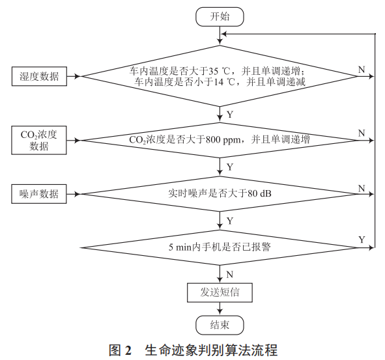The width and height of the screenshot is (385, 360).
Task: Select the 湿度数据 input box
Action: (39, 76)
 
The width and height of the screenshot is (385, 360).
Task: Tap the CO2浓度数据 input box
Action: (39, 140)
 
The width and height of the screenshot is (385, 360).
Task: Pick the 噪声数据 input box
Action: (39, 194)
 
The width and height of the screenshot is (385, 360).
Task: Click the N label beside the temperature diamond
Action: (362, 69)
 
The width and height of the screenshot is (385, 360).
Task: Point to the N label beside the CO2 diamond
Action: (362, 133)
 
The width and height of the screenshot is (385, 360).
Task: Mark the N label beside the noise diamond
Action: (362, 187)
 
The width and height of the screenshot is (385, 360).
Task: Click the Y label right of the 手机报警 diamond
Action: (362, 240)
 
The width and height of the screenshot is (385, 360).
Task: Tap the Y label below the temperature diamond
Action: (229, 114)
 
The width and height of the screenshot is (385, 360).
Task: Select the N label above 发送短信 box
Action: (229, 274)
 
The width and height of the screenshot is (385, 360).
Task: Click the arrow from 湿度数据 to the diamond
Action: (73, 76)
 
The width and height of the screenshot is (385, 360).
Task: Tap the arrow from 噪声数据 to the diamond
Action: (73, 194)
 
